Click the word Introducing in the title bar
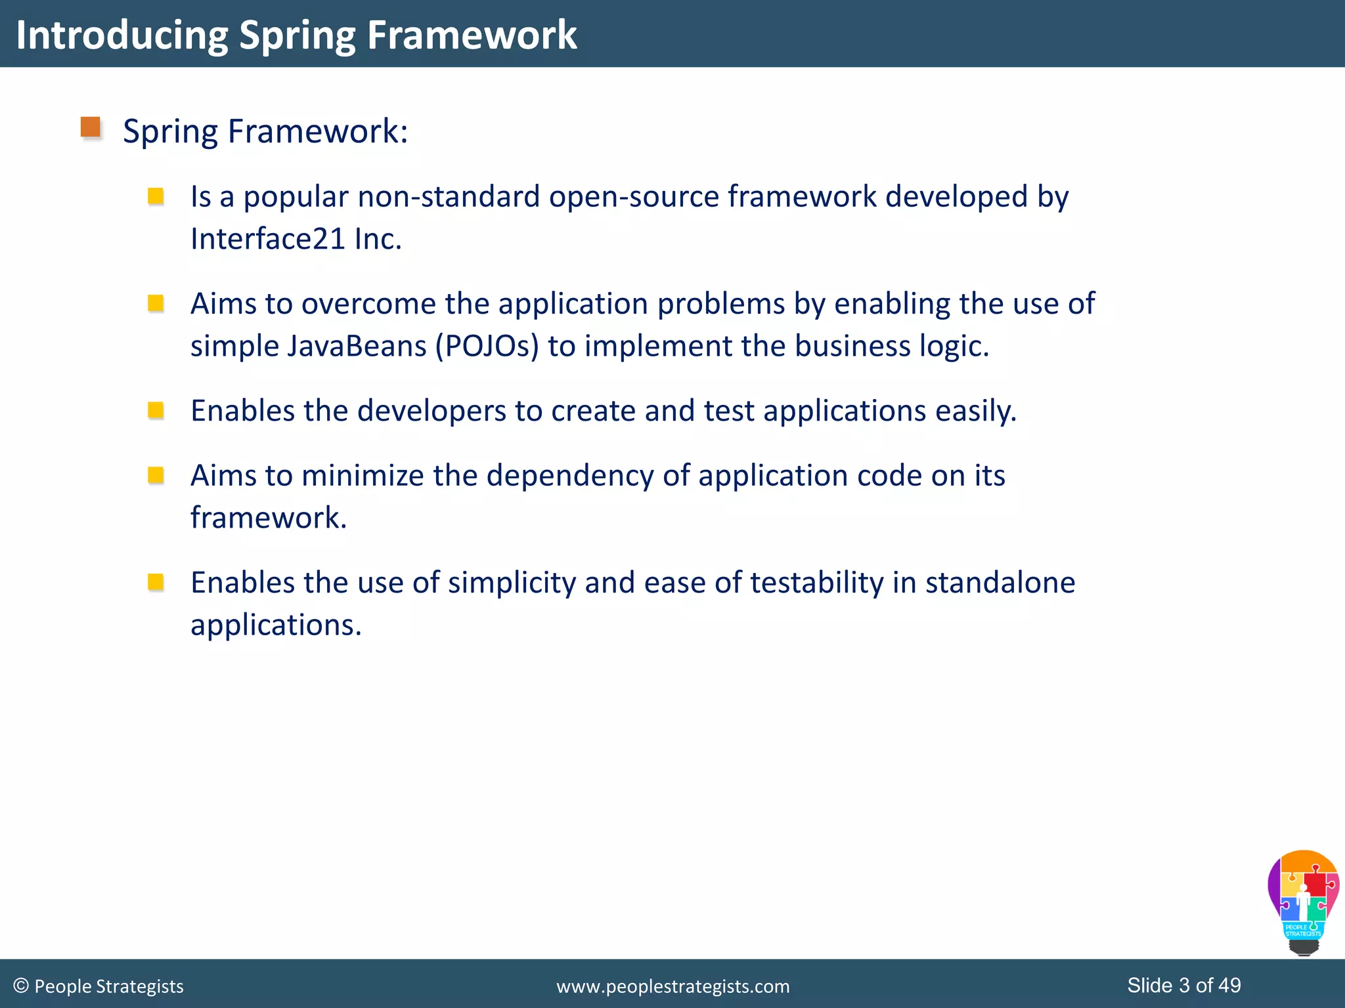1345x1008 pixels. click(x=121, y=35)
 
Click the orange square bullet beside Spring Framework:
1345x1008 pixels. click(x=91, y=127)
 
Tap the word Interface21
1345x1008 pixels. click(x=267, y=239)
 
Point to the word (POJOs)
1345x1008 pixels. click(x=487, y=346)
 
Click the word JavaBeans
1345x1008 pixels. click(x=357, y=346)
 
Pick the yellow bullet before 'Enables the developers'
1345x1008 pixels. click(x=156, y=411)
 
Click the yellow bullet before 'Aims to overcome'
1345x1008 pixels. click(x=156, y=303)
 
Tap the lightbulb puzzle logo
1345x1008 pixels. click(x=1303, y=902)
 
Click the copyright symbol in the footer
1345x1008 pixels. click(x=21, y=986)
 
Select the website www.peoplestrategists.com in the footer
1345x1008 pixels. click(x=672, y=986)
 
